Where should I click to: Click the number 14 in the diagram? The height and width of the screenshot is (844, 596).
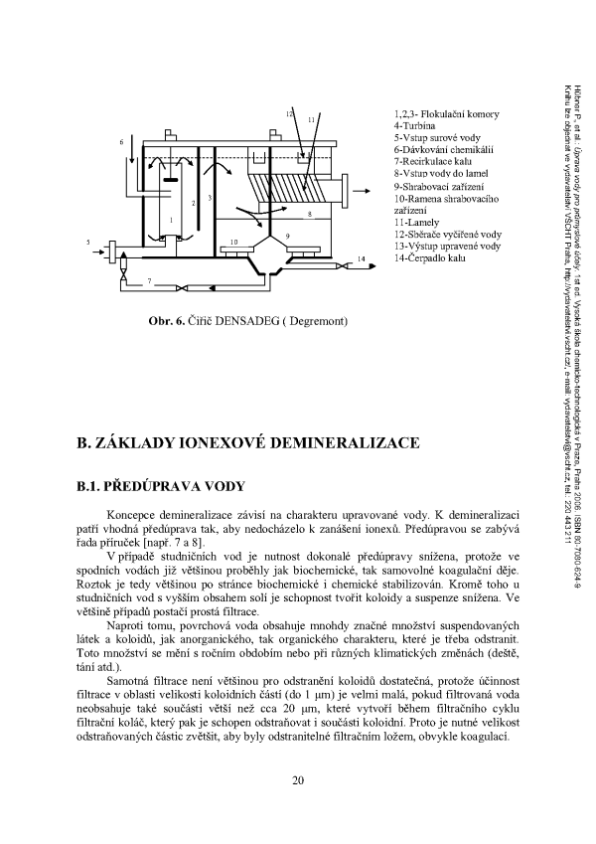click(x=362, y=258)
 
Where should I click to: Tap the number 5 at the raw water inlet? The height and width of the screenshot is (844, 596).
click(x=88, y=242)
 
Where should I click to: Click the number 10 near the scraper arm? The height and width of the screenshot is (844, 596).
click(x=233, y=242)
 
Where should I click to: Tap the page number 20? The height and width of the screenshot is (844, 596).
click(x=297, y=778)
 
